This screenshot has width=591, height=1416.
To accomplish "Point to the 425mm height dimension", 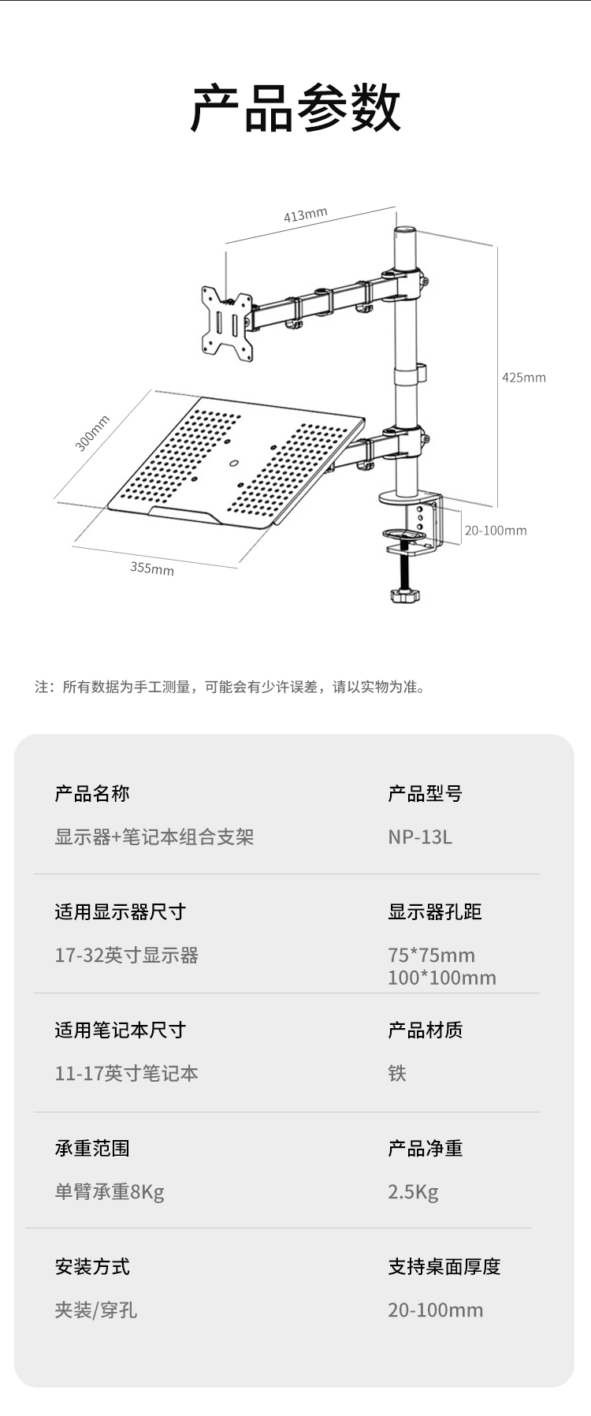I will click(523, 378).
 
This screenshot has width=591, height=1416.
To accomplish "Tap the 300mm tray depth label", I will click(92, 433).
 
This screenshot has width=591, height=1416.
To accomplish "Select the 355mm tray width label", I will click(152, 568).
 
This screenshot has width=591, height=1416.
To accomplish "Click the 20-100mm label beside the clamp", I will click(495, 531).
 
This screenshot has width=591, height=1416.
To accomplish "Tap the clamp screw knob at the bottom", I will click(405, 594).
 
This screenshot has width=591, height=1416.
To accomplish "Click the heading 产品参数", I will click(295, 108).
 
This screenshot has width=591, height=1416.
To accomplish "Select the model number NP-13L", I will click(420, 837).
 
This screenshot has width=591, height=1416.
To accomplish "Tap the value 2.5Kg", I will click(413, 1192).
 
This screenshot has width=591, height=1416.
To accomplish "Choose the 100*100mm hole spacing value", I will click(442, 978).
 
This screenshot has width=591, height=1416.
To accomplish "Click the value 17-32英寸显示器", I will click(126, 956).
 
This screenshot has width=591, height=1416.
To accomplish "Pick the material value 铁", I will click(397, 1074).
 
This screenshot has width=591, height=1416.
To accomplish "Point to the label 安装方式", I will click(92, 1267).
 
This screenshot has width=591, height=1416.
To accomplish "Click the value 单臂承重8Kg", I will click(110, 1192).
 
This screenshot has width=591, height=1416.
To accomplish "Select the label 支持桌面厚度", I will click(444, 1267).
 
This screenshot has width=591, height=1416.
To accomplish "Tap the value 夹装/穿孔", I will click(96, 1310).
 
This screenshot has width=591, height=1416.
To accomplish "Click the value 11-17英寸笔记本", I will click(126, 1074).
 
